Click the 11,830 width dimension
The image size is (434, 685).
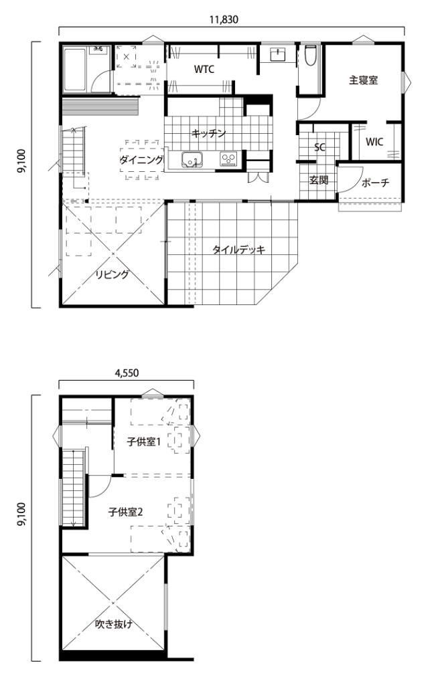(224, 19)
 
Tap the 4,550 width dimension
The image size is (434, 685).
(127, 373)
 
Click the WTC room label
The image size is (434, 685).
(204, 69)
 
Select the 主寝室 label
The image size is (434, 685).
(364, 80)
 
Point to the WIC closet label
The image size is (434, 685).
(374, 142)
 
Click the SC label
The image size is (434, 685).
(320, 147)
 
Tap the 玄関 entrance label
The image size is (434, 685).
(319, 179)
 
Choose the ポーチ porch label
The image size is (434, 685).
(375, 183)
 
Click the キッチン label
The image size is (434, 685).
(209, 133)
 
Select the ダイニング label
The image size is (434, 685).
(142, 160)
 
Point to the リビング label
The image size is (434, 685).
(113, 274)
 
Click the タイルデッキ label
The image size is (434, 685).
(239, 250)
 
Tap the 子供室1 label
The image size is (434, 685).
(144, 442)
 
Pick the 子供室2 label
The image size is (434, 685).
(125, 512)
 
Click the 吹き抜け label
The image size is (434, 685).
(114, 624)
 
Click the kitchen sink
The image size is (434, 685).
(191, 159)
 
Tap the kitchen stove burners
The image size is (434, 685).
(228, 159)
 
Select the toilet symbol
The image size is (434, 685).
(310, 55)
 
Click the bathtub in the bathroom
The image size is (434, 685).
(76, 70)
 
